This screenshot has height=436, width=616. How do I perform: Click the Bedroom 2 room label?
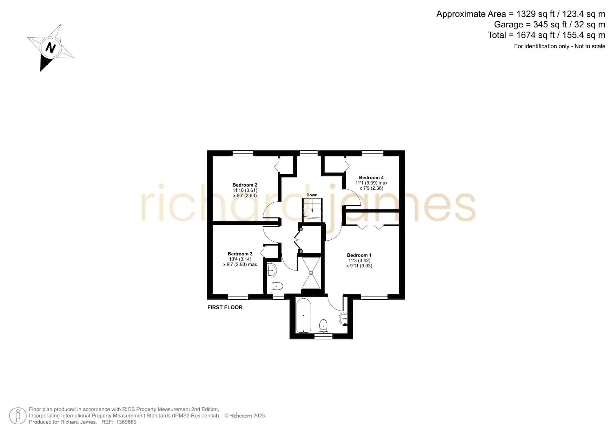click(x=245, y=185)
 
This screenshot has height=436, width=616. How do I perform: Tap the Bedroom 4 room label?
click(x=371, y=177)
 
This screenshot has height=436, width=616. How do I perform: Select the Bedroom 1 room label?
click(x=359, y=255)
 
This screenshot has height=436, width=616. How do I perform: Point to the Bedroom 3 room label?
click(x=240, y=254)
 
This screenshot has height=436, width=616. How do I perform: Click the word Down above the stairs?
click(x=312, y=195)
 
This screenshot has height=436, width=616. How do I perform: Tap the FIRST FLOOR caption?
click(x=225, y=307)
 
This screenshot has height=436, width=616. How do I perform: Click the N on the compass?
click(x=51, y=47)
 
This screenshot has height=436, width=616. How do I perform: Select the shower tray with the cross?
click(x=311, y=273)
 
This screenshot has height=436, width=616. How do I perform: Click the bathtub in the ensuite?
click(x=304, y=315)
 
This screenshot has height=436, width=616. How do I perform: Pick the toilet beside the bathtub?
click(x=323, y=326)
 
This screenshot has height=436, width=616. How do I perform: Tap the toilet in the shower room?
click(x=277, y=286)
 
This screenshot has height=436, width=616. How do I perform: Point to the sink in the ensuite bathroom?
click(x=344, y=319)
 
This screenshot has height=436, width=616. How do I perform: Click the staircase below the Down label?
click(x=312, y=210)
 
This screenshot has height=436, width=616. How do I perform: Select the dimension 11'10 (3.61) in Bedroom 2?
click(x=245, y=190)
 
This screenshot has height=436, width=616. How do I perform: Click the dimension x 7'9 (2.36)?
click(x=371, y=188)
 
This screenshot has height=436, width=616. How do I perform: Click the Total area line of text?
click(x=547, y=35)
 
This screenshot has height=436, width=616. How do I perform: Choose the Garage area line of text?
click(x=550, y=25)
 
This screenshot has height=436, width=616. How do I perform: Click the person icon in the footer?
click(x=18, y=416)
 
